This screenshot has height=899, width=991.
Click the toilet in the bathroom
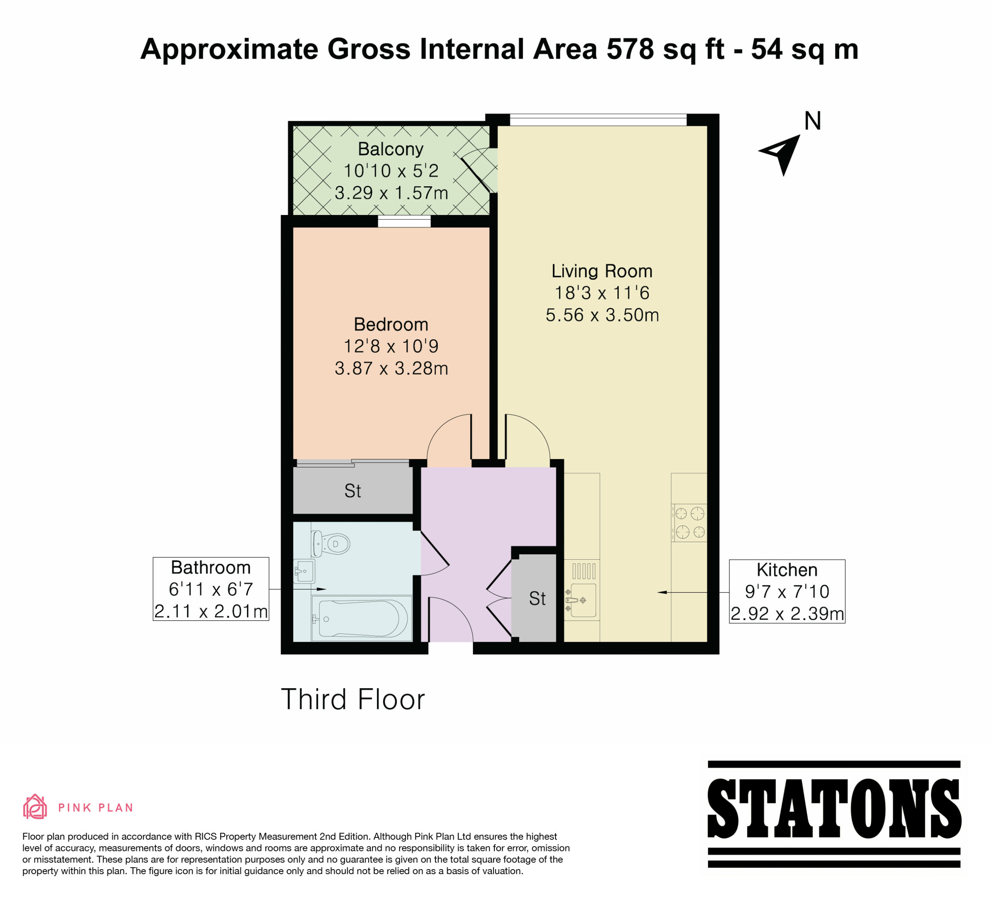pyautogui.click(x=330, y=543)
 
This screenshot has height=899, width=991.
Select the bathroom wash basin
pyautogui.click(x=304, y=571)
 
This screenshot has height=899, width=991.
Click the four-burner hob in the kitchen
pyautogui.click(x=689, y=523)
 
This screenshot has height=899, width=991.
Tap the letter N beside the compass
pyautogui.click(x=813, y=121)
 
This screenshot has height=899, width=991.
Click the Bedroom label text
pyautogui.click(x=391, y=325)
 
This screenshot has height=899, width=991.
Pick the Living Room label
pyautogui.click(x=602, y=271)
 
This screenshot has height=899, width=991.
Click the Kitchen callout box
pyautogui.click(x=787, y=591)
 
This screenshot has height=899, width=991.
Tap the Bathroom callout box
pyautogui.click(x=211, y=589)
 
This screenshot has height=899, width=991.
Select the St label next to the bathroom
pyautogui.click(x=352, y=491)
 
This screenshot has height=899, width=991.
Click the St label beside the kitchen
pyautogui.click(x=537, y=598)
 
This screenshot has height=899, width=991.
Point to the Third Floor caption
pyautogui.click(x=352, y=700)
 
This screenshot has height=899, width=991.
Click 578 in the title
pyautogui.click(x=631, y=50)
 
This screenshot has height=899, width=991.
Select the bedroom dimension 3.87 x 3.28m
pyautogui.click(x=391, y=368)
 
